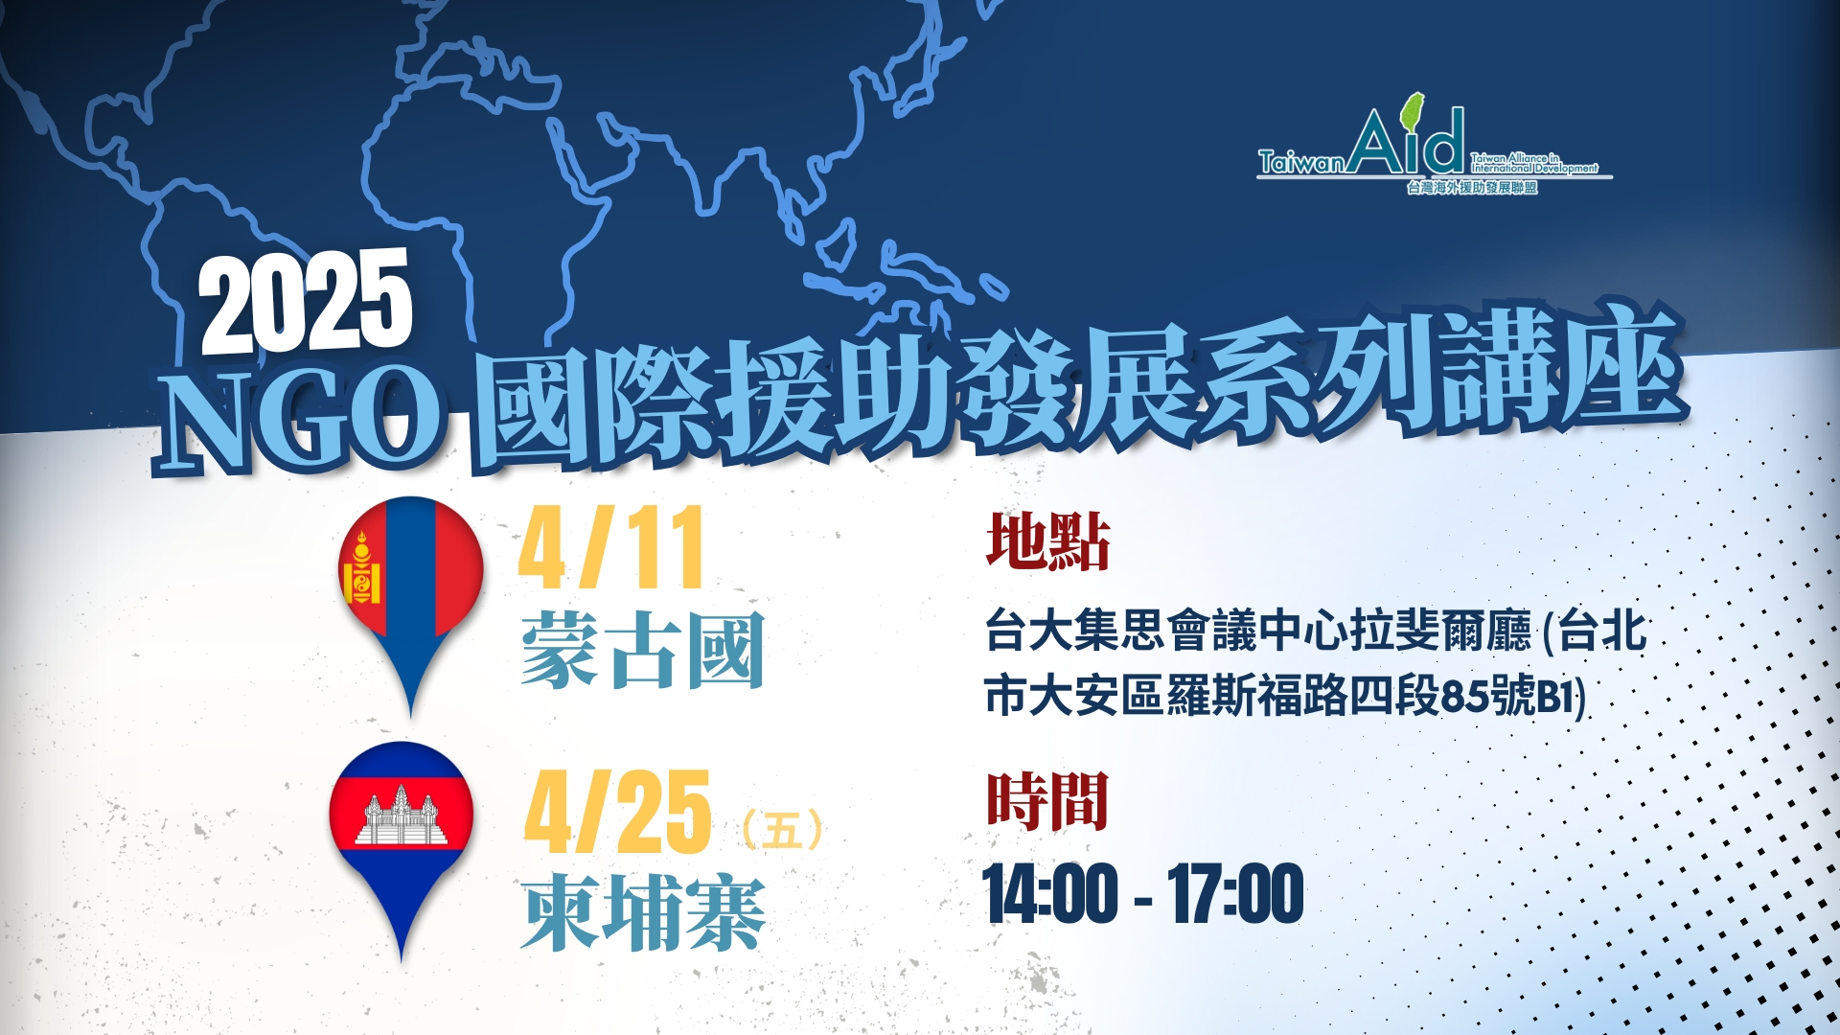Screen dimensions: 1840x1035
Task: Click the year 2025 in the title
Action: tap(307, 301)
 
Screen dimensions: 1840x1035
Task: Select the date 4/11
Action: tap(611, 547)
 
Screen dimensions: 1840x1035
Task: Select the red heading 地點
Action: tap(1047, 541)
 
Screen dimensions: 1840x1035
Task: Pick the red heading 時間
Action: tap(1047, 801)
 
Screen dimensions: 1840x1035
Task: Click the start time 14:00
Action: tap(1050, 894)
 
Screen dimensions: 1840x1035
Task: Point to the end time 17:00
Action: tap(1236, 894)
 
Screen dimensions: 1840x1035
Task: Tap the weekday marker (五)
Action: tap(782, 830)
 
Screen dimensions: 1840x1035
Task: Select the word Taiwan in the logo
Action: tap(1301, 163)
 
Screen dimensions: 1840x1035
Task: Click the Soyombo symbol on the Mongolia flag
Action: tap(361, 569)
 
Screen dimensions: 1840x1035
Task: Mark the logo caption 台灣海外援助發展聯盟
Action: tap(1472, 188)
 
